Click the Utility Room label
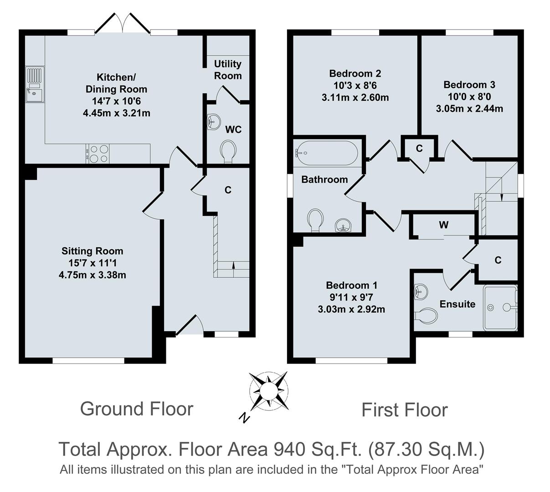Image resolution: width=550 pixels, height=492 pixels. click(x=228, y=70)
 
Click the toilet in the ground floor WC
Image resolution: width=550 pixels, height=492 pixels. click(x=228, y=151)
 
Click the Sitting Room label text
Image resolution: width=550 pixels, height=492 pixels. click(x=93, y=251)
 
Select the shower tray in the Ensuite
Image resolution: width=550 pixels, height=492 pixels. click(x=500, y=307)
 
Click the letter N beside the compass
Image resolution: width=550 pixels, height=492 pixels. click(x=245, y=417)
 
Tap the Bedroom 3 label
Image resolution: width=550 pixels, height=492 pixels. click(x=469, y=85)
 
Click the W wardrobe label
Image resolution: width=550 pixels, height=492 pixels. click(x=443, y=225)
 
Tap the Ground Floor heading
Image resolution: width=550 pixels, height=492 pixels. click(x=137, y=409)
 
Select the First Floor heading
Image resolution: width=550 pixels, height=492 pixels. click(x=404, y=410)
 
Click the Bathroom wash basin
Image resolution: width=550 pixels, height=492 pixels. click(x=343, y=225)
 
